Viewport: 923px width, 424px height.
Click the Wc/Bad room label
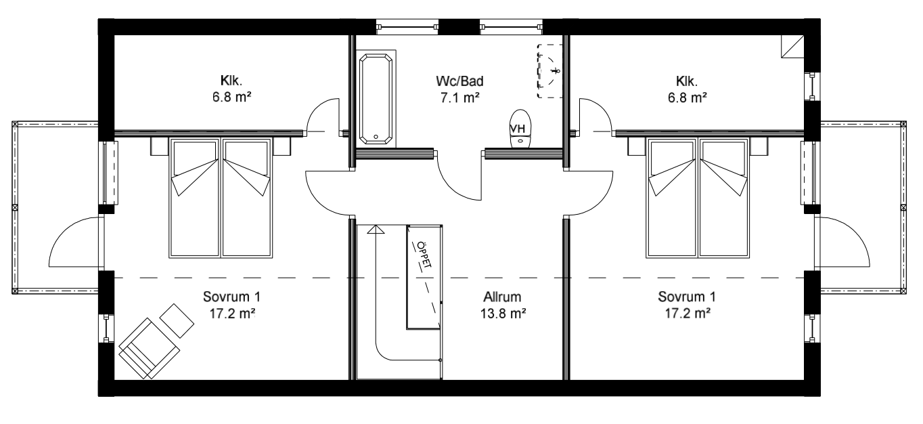pos(459,82)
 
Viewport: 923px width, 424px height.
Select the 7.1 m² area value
pos(459,98)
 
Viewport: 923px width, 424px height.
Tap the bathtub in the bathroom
pos(374,99)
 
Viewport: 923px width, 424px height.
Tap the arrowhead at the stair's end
pos(374,230)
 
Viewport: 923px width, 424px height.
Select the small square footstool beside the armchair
pos(176,315)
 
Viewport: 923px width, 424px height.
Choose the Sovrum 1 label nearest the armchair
pos(231,297)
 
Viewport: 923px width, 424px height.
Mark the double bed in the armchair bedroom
pos(223,198)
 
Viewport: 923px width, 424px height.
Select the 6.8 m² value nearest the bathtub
pos(231,98)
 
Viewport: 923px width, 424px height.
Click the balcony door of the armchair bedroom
pos(74,244)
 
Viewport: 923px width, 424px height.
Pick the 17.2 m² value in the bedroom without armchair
pos(686,313)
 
